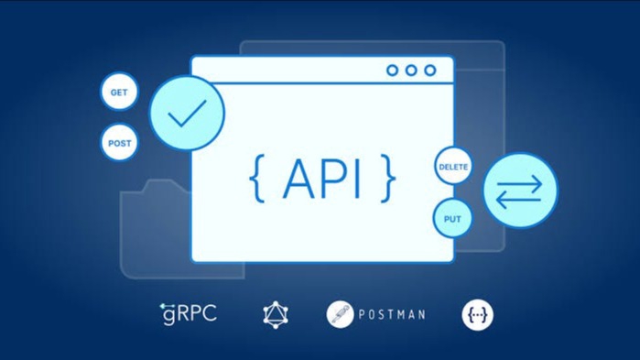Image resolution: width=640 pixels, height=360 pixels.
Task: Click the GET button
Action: tap(119, 93)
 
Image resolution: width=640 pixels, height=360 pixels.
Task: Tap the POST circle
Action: tap(119, 143)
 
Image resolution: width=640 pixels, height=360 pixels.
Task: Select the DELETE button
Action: tap(453, 167)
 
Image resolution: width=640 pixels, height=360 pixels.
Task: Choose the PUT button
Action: tap(452, 219)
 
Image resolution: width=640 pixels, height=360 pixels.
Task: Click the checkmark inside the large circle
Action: tap(188, 114)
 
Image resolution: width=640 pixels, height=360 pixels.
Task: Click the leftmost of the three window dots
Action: tap(393, 71)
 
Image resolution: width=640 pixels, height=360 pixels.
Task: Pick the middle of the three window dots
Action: tap(411, 71)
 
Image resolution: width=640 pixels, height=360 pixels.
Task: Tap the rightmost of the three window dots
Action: tap(430, 71)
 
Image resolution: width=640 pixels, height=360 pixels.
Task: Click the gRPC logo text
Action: tap(188, 314)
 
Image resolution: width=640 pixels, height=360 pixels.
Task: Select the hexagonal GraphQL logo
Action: tap(276, 314)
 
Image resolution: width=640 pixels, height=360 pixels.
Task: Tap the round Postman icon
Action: tap(340, 314)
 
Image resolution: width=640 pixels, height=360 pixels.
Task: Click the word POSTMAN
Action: tap(392, 315)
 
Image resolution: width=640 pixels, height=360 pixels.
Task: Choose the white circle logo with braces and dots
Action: tap(477, 314)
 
